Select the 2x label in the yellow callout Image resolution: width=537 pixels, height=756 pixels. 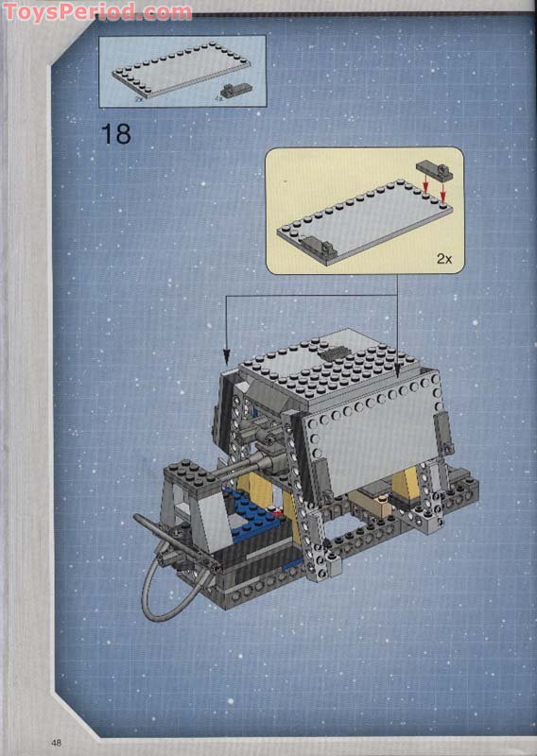(x=444, y=257)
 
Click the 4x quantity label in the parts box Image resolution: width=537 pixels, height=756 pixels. (x=218, y=96)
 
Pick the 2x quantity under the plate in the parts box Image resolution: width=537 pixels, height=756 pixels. (x=139, y=97)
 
